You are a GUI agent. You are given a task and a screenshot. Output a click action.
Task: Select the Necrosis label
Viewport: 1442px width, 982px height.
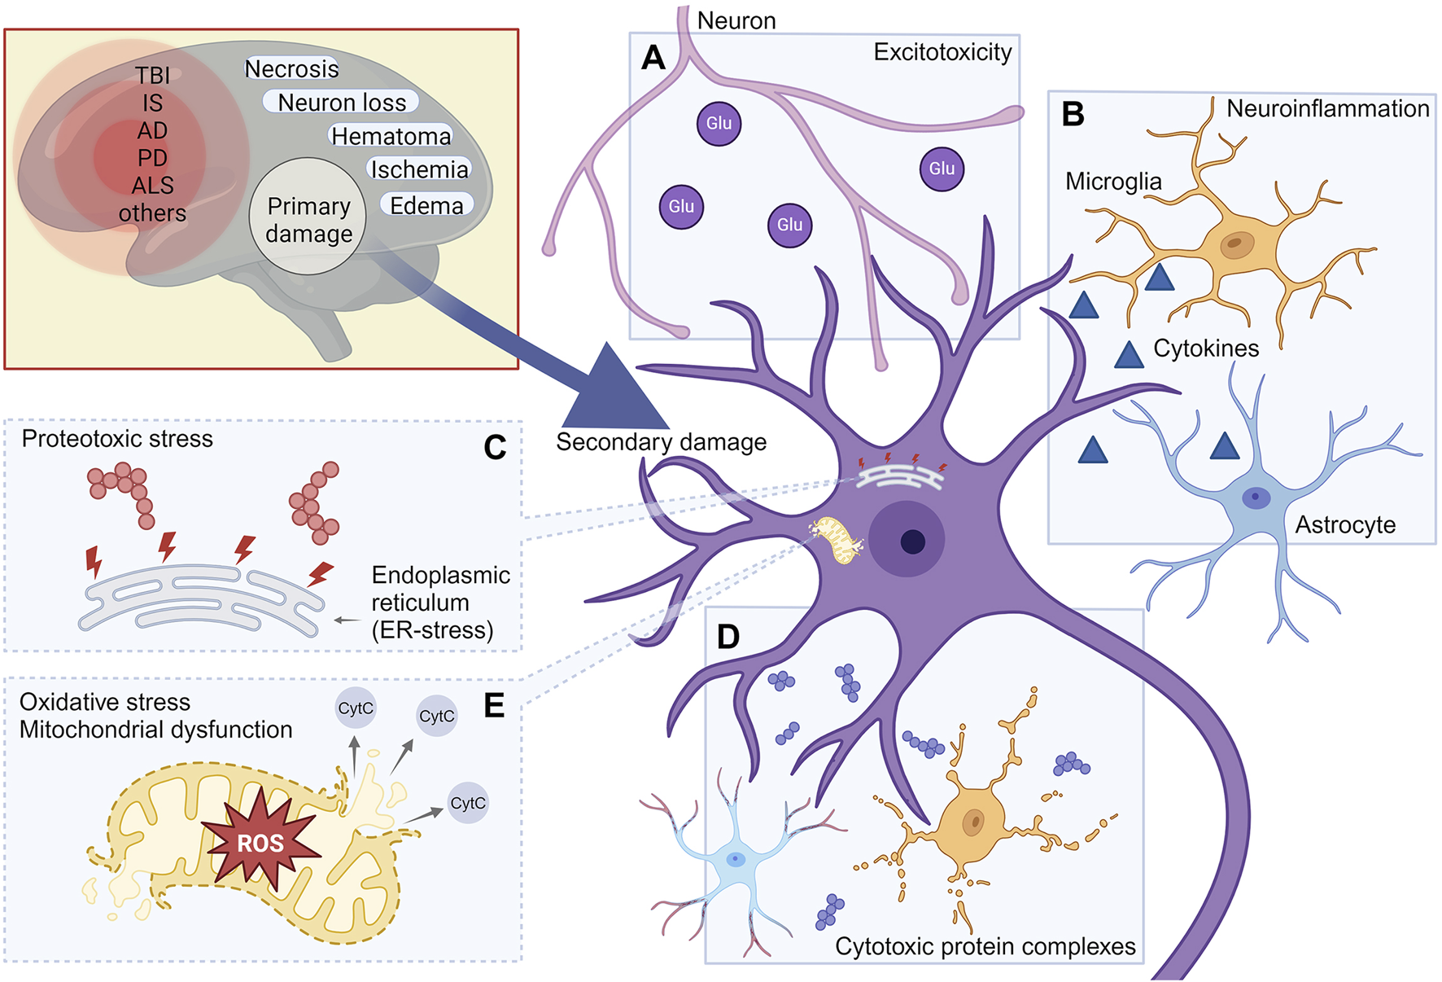point(291,69)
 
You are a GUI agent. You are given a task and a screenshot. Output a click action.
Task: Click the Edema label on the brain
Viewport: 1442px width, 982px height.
point(426,205)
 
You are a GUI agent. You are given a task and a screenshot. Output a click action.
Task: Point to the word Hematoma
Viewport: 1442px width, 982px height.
point(391,136)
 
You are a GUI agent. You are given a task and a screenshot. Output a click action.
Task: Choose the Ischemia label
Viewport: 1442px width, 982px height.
point(420,169)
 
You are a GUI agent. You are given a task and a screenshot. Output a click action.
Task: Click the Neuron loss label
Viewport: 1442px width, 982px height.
point(342,103)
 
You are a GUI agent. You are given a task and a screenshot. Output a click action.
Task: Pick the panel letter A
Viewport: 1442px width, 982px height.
point(653,58)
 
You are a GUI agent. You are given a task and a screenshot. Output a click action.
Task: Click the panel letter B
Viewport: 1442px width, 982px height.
point(1073,114)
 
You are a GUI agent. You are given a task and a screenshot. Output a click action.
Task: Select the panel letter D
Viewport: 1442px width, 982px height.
point(728,637)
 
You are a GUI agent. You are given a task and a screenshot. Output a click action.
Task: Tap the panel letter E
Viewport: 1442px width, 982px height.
point(494,705)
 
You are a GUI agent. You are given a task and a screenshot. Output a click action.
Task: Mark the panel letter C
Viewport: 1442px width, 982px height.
point(495,447)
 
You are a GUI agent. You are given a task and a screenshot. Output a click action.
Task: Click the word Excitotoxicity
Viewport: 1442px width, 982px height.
point(942,52)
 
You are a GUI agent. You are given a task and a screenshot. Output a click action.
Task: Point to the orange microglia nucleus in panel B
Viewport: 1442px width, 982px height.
point(1236,243)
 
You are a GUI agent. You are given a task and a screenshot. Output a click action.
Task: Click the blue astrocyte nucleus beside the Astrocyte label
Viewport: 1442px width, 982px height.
point(1256,497)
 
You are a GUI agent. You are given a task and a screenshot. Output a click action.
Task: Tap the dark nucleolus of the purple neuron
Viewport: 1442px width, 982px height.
point(913,541)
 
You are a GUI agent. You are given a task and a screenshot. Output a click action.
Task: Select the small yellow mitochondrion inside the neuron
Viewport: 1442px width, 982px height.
point(838,540)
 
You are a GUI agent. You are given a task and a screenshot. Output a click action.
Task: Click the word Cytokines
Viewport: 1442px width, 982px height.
point(1206,349)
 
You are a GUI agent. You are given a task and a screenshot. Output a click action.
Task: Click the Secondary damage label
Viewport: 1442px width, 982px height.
point(661,442)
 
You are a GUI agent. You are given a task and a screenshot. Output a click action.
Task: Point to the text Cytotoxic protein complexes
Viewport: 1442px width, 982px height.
point(985,946)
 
